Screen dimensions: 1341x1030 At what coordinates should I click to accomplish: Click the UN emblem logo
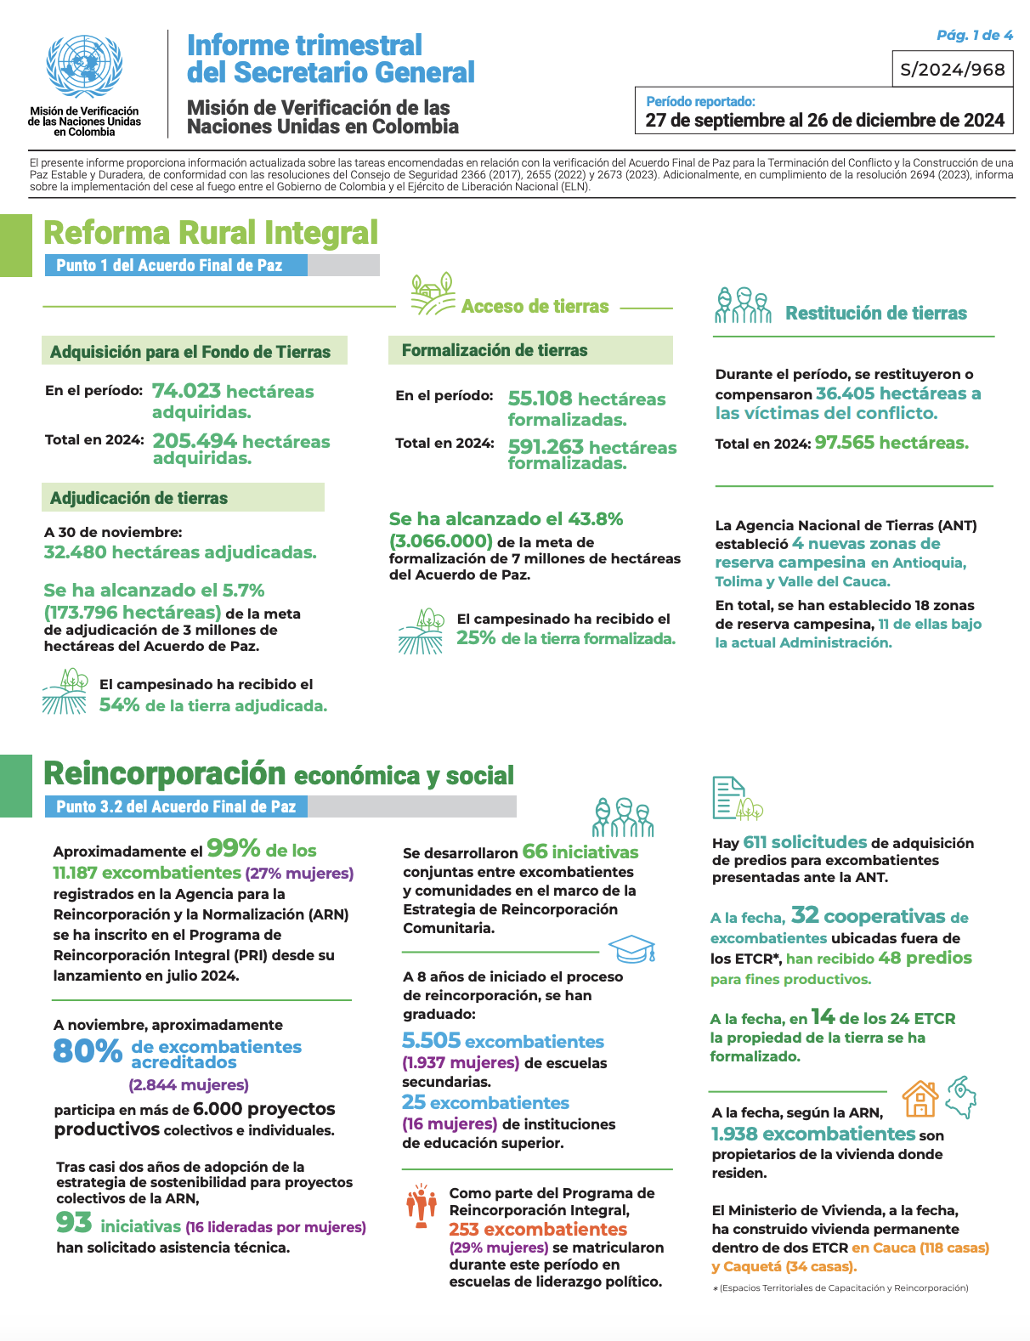[84, 69]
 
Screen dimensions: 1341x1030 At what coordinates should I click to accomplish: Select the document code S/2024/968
[952, 70]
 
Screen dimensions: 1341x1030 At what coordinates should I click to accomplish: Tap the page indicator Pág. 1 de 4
[974, 35]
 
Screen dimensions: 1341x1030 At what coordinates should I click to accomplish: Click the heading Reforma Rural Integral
[211, 233]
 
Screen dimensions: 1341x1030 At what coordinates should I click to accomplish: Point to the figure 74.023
[186, 391]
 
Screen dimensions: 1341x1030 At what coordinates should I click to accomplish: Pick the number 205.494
[195, 441]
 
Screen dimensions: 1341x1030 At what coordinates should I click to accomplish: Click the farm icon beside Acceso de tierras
[433, 295]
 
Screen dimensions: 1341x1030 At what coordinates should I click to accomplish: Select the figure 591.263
[546, 447]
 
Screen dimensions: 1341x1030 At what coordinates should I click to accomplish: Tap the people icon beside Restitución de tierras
[743, 306]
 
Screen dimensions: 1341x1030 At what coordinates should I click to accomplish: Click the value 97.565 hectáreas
[891, 443]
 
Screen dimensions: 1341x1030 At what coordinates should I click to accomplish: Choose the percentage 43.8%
[595, 518]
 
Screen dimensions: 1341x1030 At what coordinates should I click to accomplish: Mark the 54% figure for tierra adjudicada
[119, 705]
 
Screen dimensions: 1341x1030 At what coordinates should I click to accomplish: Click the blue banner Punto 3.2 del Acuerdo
[176, 806]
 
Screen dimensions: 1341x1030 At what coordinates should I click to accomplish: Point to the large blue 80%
[88, 1051]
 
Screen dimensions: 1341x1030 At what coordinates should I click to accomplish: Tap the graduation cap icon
[631, 949]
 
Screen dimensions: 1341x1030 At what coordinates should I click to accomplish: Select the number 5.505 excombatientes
[502, 1041]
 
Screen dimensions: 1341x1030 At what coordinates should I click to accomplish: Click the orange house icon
[920, 1099]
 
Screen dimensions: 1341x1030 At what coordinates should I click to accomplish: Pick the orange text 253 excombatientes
[538, 1230]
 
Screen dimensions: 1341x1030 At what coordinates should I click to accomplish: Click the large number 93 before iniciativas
[74, 1223]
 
